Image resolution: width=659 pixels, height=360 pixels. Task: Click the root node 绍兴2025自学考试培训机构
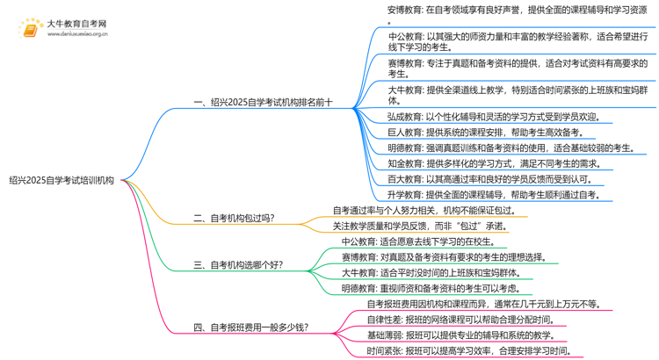(x=62, y=180)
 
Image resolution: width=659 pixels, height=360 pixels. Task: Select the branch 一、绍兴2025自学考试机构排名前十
(x=263, y=102)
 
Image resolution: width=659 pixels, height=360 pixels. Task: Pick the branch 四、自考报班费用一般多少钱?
(x=250, y=328)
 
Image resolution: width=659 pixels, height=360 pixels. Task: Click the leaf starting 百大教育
(x=500, y=178)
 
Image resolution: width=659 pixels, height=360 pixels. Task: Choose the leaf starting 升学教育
(x=492, y=194)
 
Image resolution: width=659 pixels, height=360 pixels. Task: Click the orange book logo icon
(x=25, y=29)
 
